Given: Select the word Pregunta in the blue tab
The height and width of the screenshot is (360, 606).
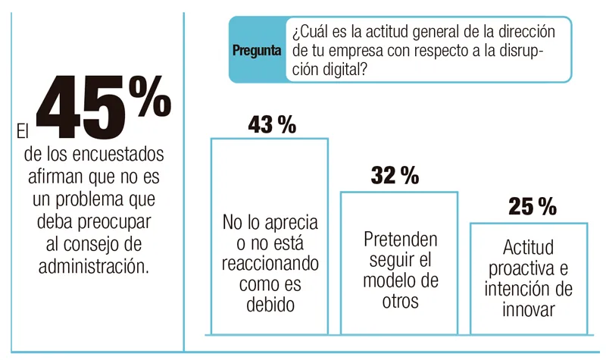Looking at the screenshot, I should (258, 51).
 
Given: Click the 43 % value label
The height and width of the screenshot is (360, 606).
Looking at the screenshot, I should (271, 124).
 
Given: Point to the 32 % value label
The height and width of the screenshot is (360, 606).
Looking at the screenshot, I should (395, 176).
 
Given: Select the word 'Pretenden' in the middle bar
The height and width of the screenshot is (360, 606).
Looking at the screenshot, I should (400, 240).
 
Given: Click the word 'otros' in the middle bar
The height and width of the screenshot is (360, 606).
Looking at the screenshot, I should (400, 301).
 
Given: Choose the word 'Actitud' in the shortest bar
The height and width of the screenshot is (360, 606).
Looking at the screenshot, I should (528, 248).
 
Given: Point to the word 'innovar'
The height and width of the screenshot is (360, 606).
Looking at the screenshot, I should (528, 310).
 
